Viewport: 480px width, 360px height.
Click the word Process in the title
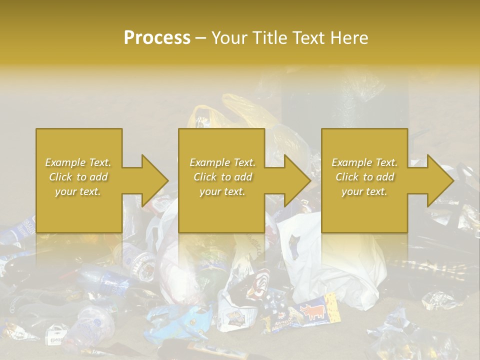coord(157,38)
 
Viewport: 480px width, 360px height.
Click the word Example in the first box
coord(65,162)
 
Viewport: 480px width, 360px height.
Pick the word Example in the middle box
coord(209,162)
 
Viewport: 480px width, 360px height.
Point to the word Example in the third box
coord(351,162)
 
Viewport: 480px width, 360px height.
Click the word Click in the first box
coord(60,177)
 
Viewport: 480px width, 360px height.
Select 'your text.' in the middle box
coord(222,191)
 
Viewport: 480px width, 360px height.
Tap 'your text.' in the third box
coord(364,191)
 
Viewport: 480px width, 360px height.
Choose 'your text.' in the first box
coord(78,191)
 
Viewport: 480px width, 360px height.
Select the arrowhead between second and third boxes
coord(297,180)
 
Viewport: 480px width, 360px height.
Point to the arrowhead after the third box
coord(440,180)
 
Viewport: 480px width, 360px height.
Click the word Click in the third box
coord(346,177)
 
